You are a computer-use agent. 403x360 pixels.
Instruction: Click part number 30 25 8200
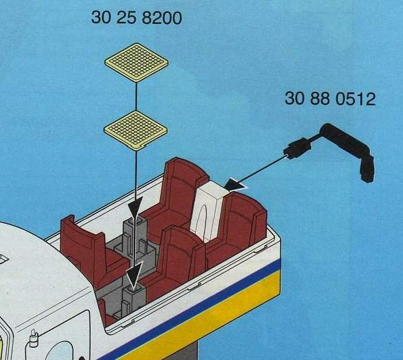[x=136, y=18]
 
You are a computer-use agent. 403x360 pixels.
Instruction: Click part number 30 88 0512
[x=330, y=99]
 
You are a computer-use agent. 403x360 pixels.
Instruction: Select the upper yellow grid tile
[x=136, y=63]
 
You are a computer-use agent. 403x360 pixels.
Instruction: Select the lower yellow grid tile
[x=136, y=130]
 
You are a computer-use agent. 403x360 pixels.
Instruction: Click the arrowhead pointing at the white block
[x=235, y=185]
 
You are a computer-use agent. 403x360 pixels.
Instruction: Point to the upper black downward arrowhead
[x=136, y=207]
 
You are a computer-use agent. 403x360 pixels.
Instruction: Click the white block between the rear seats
[x=209, y=211]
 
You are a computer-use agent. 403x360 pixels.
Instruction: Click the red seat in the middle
[x=177, y=259]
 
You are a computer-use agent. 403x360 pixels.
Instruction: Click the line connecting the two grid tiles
[x=136, y=96]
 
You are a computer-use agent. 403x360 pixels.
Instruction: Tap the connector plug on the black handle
[x=297, y=148]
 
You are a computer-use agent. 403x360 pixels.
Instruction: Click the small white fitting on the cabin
[x=33, y=338]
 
